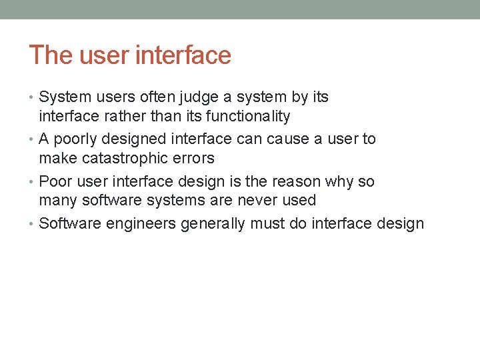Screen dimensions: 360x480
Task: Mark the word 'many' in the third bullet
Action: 57,201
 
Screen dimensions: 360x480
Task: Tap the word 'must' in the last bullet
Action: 266,223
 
